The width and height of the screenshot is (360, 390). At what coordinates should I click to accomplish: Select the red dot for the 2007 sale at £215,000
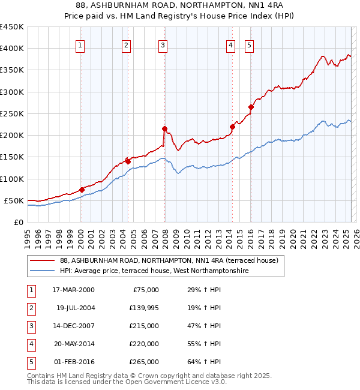click(x=164, y=128)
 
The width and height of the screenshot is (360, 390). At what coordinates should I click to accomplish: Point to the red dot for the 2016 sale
click(x=251, y=107)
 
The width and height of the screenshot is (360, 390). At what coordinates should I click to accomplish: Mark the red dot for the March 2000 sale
click(x=82, y=190)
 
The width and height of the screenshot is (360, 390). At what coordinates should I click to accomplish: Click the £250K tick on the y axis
click(x=11, y=113)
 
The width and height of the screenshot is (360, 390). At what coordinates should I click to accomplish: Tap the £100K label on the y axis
click(x=11, y=179)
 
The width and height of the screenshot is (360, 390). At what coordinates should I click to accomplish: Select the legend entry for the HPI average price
click(x=154, y=271)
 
